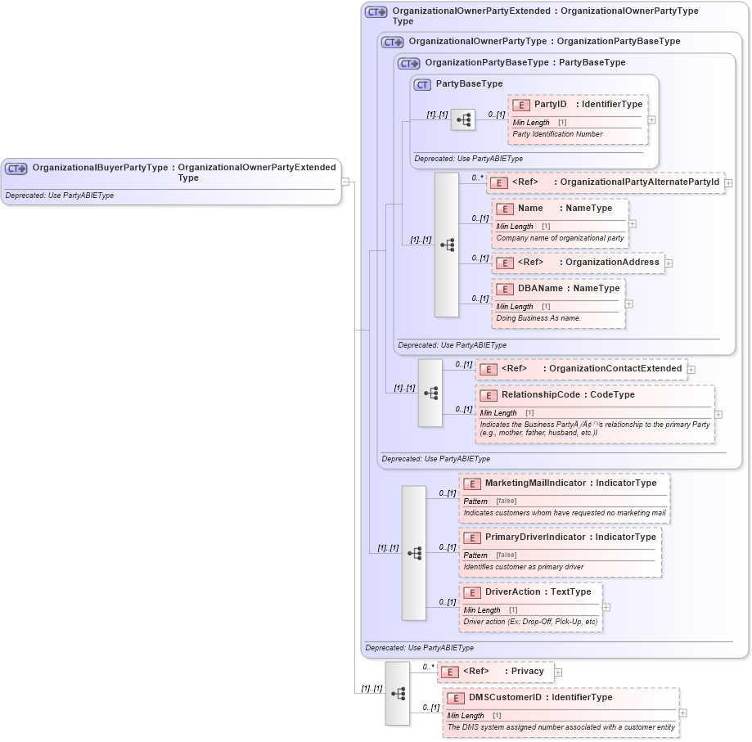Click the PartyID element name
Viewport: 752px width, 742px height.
tap(550, 105)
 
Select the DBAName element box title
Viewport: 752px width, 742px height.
tap(540, 289)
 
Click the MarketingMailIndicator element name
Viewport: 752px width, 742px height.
tap(536, 483)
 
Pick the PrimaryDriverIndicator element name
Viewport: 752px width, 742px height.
tap(535, 537)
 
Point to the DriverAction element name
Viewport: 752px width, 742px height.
tap(514, 592)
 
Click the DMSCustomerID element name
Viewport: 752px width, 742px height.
tap(505, 698)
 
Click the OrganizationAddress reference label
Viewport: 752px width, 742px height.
tap(612, 263)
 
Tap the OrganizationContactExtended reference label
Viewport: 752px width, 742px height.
tap(615, 369)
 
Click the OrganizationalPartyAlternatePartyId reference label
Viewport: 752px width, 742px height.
tap(639, 182)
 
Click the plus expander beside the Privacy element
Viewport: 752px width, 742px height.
tap(558, 672)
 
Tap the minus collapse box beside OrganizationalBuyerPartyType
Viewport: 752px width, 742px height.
tap(346, 182)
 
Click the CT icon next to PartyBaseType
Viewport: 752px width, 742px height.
tap(422, 84)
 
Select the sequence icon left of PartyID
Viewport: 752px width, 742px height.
tap(463, 119)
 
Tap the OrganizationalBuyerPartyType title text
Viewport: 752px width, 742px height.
tap(100, 168)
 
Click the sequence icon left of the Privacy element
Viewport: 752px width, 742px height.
tap(398, 693)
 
